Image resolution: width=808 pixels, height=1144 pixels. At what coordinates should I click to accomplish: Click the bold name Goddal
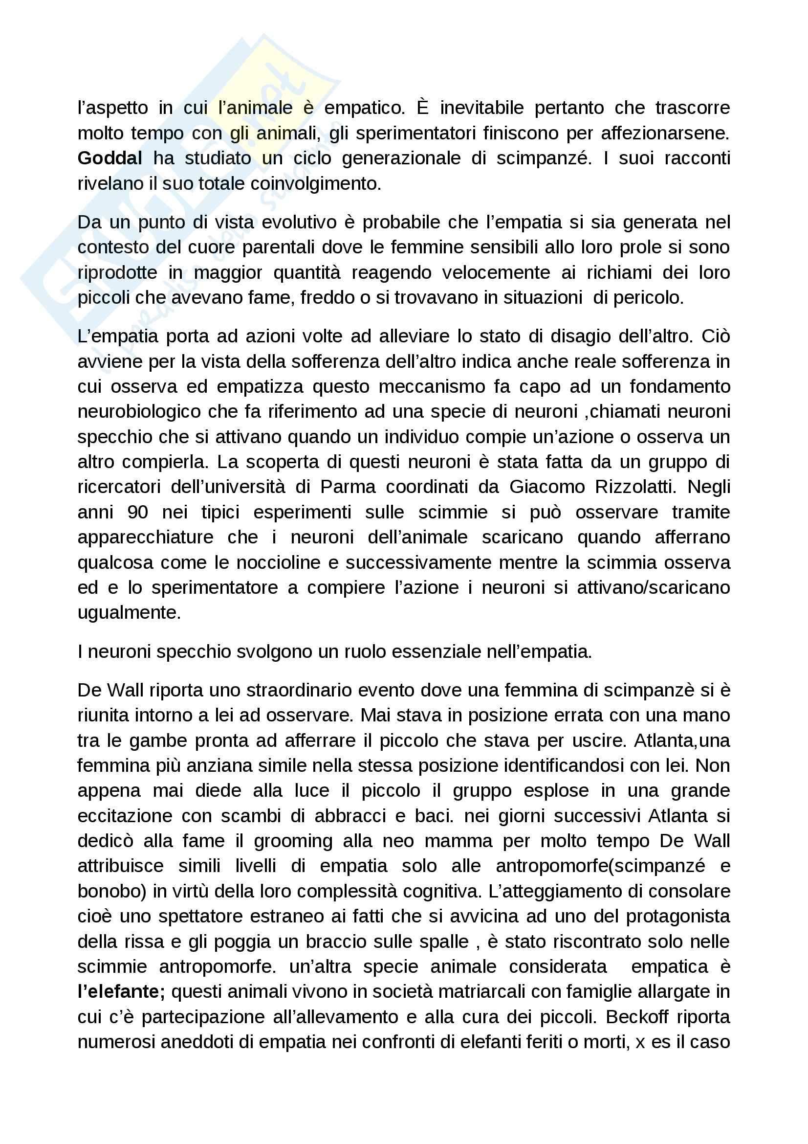click(x=109, y=158)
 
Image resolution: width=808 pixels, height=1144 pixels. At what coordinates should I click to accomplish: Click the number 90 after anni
click(x=137, y=512)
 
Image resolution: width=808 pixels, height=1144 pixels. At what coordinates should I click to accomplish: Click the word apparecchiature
click(x=145, y=537)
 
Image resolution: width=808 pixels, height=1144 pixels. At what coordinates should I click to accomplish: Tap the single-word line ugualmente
click(x=129, y=613)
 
